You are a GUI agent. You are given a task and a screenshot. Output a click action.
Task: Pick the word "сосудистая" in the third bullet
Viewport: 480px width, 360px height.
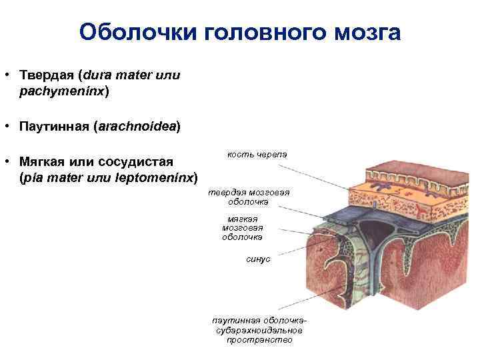(x=135, y=162)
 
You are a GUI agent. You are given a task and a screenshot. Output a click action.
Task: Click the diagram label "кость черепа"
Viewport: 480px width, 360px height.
(x=257, y=154)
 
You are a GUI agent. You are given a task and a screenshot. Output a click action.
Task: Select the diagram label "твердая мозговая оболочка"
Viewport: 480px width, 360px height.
(x=248, y=197)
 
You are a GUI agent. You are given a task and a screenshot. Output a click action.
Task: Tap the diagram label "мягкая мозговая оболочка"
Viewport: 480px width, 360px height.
(x=242, y=227)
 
